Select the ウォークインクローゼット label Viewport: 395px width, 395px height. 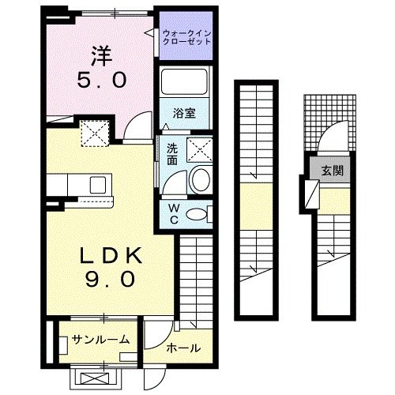pos(186,36)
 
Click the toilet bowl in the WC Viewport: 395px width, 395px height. pos(202,213)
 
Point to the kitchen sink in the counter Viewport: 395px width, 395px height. pos(100,185)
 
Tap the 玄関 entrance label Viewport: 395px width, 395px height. pos(332,170)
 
